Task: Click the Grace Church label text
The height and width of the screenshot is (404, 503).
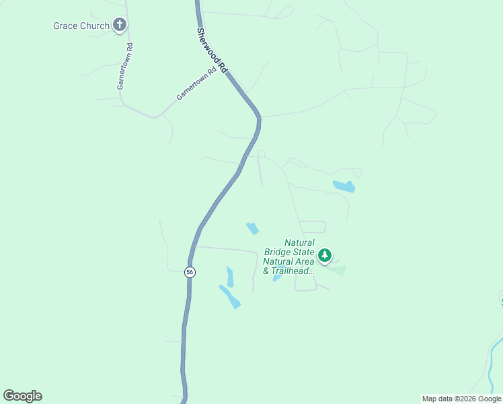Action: click(81, 26)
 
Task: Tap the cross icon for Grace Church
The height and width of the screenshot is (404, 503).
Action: click(120, 26)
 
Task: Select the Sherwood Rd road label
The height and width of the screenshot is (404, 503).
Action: click(212, 50)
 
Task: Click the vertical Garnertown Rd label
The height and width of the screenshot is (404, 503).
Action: click(125, 67)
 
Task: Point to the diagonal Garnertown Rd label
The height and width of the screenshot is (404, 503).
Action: click(196, 84)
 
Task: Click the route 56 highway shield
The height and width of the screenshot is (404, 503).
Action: click(190, 272)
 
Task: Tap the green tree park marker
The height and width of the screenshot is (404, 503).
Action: click(325, 255)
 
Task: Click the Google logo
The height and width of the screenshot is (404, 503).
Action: click(22, 396)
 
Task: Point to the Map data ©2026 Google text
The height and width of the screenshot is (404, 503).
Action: click(461, 399)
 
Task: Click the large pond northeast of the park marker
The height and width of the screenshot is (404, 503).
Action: click(344, 186)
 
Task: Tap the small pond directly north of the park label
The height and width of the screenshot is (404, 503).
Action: click(253, 229)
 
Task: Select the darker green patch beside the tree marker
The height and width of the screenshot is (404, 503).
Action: click(338, 270)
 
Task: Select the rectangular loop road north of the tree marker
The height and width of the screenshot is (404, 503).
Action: click(312, 227)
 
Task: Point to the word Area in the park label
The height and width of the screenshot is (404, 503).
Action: click(302, 261)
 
